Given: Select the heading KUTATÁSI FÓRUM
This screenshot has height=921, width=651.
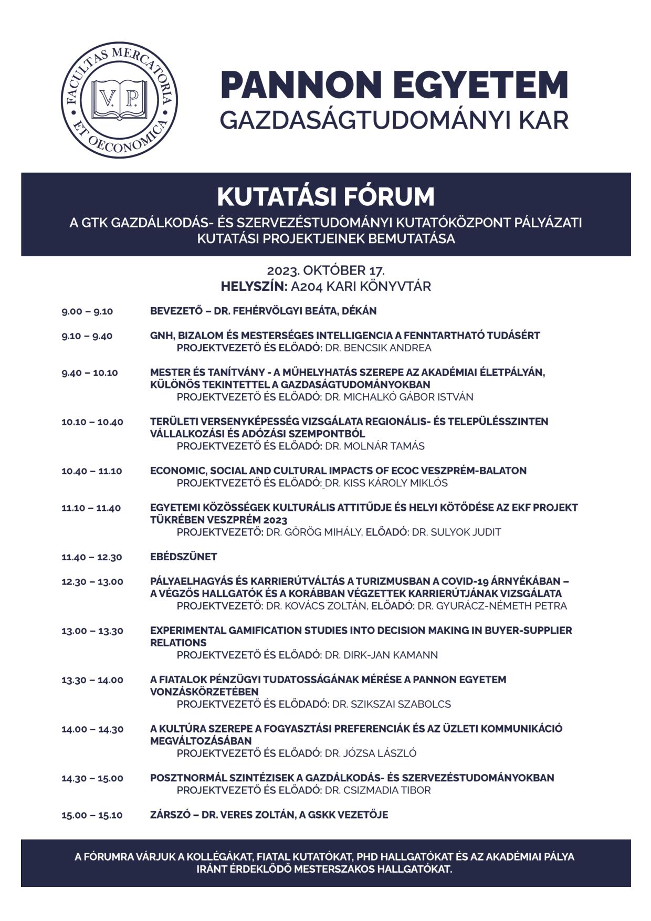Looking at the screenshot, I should (x=325, y=197).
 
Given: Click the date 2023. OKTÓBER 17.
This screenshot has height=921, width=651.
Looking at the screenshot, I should (x=325, y=271).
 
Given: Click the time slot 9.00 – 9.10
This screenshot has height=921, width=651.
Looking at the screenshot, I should (x=87, y=311).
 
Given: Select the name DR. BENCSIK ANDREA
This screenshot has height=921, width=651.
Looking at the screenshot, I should (x=378, y=348).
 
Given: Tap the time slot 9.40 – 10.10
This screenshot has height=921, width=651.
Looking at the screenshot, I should (x=90, y=373).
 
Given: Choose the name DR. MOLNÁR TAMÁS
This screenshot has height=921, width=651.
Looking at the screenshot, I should (x=375, y=446).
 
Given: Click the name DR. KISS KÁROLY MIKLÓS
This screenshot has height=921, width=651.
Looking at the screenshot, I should (x=386, y=483).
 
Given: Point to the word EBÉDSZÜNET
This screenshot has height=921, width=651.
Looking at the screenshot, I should (x=183, y=557).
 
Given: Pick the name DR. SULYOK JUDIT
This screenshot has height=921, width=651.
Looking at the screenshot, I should (x=456, y=532).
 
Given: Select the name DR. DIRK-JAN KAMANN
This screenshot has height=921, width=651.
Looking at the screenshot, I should (x=381, y=655).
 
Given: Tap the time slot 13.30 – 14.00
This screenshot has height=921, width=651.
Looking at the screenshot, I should (x=92, y=680).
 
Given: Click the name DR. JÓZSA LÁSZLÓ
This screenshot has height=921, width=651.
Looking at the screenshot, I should (x=371, y=753).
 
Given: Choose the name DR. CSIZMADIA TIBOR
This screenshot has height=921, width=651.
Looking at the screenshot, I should (x=377, y=790).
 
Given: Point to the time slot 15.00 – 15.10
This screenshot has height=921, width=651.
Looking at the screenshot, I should (x=92, y=815).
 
